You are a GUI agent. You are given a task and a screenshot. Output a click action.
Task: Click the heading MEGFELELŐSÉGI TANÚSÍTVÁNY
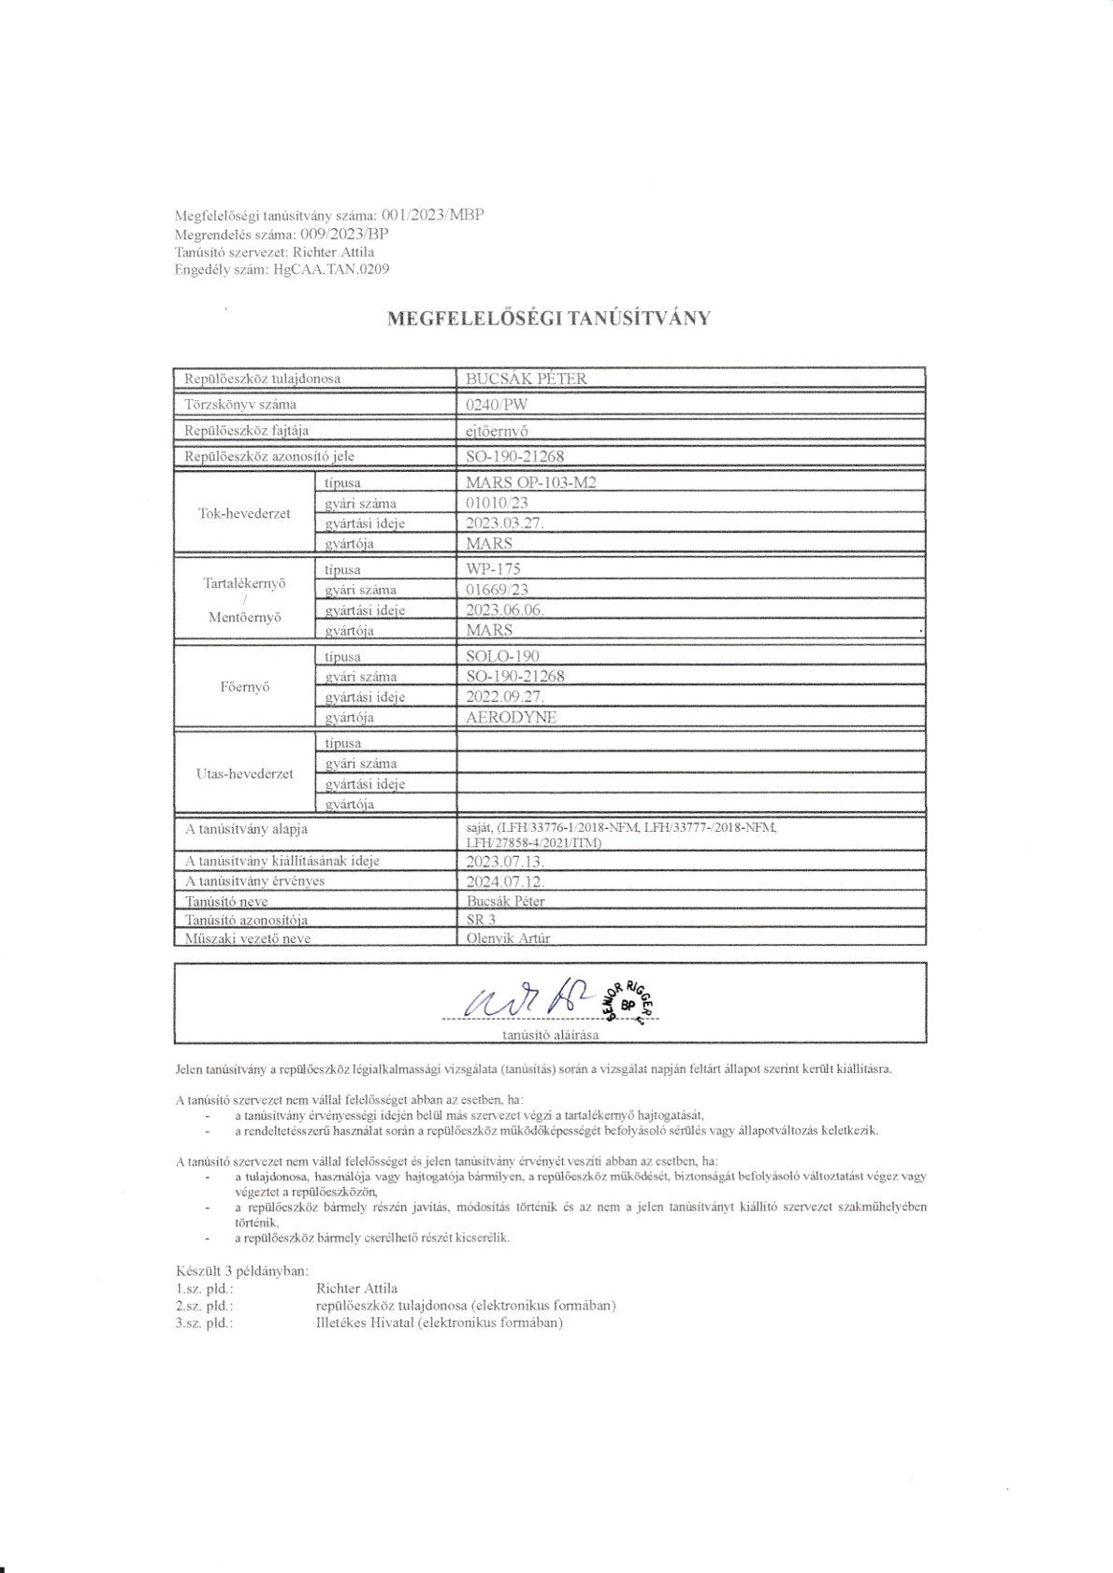coord(549,318)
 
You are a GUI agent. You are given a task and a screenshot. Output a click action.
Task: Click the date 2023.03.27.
coord(504,523)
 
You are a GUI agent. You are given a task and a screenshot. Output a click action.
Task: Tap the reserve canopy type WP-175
coord(493,569)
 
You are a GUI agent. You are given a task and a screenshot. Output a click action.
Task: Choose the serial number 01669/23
coord(498,590)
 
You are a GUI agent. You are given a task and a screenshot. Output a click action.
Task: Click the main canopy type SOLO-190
coord(502,656)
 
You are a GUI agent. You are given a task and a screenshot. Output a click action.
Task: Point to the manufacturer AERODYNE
coord(511,717)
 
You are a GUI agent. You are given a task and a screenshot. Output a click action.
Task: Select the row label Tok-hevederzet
coord(245,513)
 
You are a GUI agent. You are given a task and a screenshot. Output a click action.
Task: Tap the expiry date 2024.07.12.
coord(504,881)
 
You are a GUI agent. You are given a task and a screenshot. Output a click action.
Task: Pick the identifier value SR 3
coord(483,921)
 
